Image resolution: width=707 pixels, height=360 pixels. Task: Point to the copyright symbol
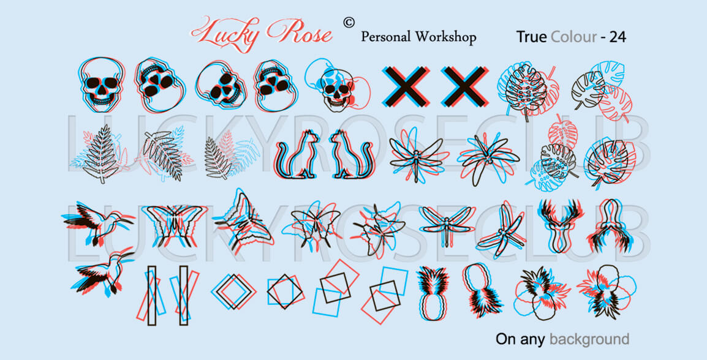pos(349,22)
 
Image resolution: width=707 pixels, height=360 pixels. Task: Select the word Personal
pos(386,37)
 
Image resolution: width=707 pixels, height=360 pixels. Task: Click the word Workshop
pos(446,37)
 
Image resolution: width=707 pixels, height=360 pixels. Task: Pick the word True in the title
pos(531,37)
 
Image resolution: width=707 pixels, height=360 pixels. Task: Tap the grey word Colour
pos(573,37)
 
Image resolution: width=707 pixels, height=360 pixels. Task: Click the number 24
pos(618,37)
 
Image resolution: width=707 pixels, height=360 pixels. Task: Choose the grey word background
pos(589,339)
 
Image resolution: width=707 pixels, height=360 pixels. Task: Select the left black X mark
pos(406,86)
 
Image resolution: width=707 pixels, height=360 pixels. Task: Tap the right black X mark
pos(464,86)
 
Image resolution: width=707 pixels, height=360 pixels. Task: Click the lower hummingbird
pos(104,272)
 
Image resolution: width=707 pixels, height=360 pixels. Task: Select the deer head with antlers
pos(561,225)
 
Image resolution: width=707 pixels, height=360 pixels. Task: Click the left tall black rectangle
pos(152,295)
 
